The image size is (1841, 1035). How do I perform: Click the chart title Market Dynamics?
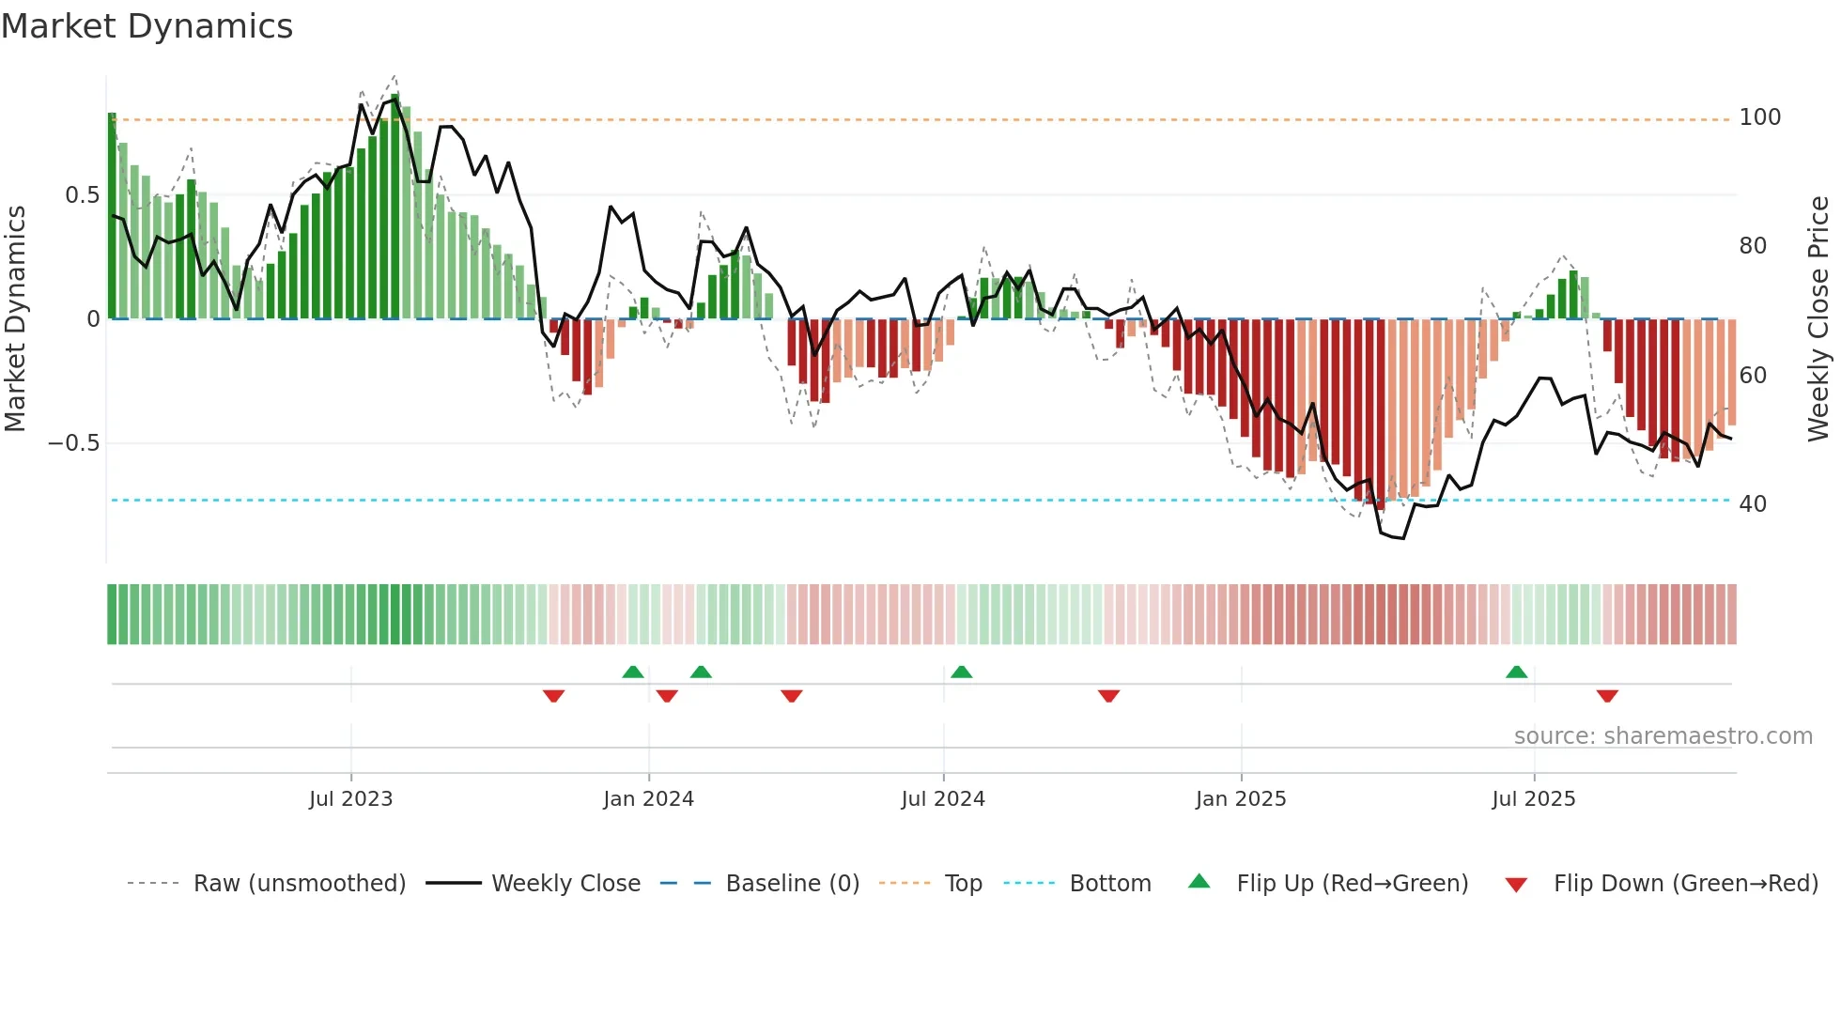(x=147, y=26)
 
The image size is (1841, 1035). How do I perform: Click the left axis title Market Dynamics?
(x=15, y=319)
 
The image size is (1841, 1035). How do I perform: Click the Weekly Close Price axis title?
(x=1818, y=319)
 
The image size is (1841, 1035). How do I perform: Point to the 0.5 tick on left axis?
(x=82, y=195)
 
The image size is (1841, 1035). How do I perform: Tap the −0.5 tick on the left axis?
(x=74, y=443)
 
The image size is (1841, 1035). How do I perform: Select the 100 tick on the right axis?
(x=1759, y=117)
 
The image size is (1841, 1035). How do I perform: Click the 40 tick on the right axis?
(x=1753, y=504)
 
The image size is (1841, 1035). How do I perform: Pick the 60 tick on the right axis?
(x=1753, y=376)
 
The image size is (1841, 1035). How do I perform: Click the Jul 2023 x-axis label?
(x=350, y=799)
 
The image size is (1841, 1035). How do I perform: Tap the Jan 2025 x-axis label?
(x=1240, y=799)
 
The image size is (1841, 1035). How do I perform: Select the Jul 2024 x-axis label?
(x=942, y=799)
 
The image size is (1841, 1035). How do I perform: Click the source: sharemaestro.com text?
(x=1663, y=736)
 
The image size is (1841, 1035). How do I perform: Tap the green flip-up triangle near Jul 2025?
(x=1516, y=672)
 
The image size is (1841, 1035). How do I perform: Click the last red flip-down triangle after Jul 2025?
(x=1607, y=696)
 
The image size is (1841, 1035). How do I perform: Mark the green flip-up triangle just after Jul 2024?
(x=961, y=672)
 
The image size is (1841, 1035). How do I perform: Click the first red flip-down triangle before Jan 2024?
(x=553, y=696)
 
